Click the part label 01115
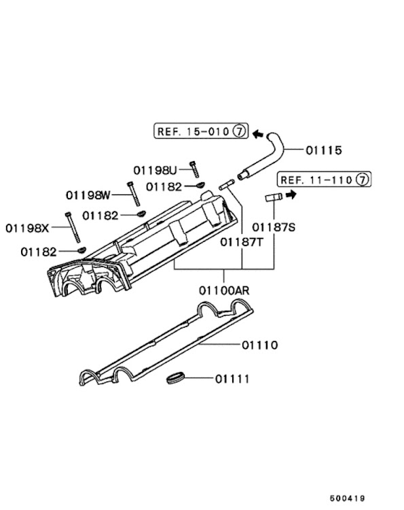(x=324, y=150)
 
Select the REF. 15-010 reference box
(x=201, y=131)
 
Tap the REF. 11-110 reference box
(x=324, y=180)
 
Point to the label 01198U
(x=155, y=170)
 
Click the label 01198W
(x=88, y=195)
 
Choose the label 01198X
(x=27, y=228)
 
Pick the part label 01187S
(x=274, y=227)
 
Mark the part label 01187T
(x=242, y=242)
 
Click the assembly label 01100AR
(x=224, y=290)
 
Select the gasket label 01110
(x=260, y=345)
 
